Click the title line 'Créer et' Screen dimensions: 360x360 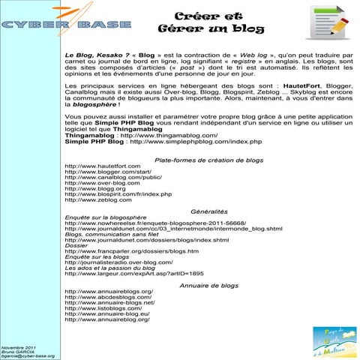(198, 16)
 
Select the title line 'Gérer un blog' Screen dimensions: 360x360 (197, 29)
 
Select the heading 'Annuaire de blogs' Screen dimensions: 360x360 (209, 286)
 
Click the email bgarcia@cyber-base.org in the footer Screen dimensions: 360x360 (28, 355)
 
